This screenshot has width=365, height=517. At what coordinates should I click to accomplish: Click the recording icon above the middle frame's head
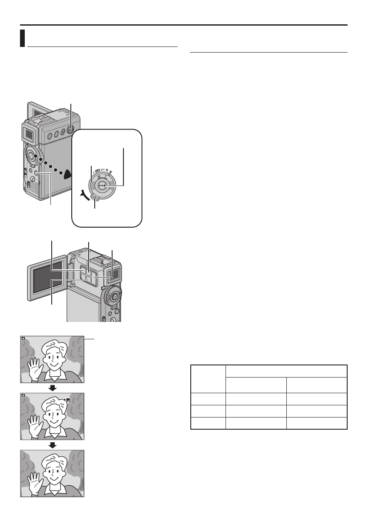click(67, 398)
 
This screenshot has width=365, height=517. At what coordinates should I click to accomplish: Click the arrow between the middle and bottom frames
click(53, 444)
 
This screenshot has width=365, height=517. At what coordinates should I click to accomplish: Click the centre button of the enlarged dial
click(102, 185)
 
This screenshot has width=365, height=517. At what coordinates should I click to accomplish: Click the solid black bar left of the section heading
click(23, 38)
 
